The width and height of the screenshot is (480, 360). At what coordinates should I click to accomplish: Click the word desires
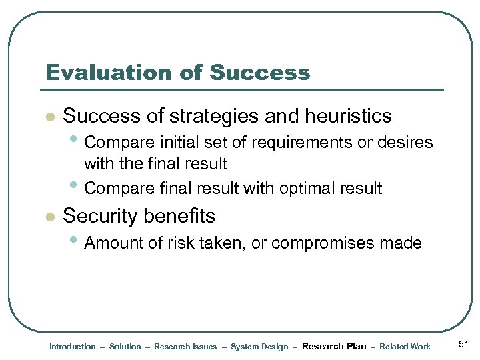coord(404,143)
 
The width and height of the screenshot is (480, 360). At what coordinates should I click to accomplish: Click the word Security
coord(99,216)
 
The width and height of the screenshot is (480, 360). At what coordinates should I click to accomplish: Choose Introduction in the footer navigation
coord(73,347)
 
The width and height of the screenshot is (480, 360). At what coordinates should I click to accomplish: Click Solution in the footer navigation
coord(125,347)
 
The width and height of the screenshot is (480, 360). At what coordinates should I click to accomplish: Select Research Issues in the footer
coord(185,347)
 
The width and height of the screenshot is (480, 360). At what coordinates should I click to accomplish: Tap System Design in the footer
coord(259,347)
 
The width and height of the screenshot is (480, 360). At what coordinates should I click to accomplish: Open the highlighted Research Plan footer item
coord(334,347)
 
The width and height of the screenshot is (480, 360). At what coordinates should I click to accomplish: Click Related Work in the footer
coord(405,347)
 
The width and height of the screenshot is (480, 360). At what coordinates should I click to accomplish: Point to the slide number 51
coord(464,345)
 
